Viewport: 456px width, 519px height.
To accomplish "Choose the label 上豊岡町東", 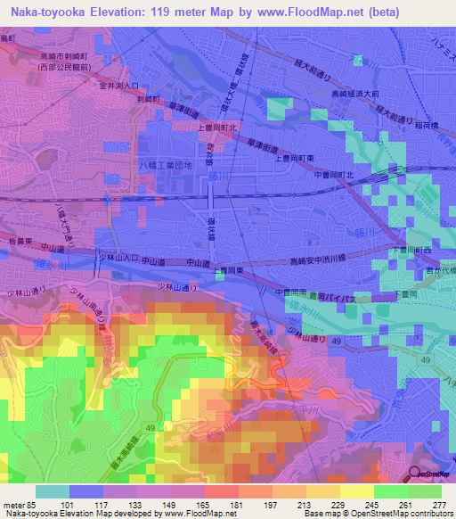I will tap(297, 158).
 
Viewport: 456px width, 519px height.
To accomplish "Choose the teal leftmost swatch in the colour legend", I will tap(53, 491).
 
